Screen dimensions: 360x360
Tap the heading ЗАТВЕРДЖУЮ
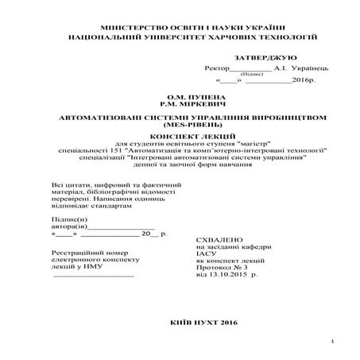[x=265, y=59]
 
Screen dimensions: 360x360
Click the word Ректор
[x=216, y=68]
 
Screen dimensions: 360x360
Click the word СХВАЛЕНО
[x=215, y=239]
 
